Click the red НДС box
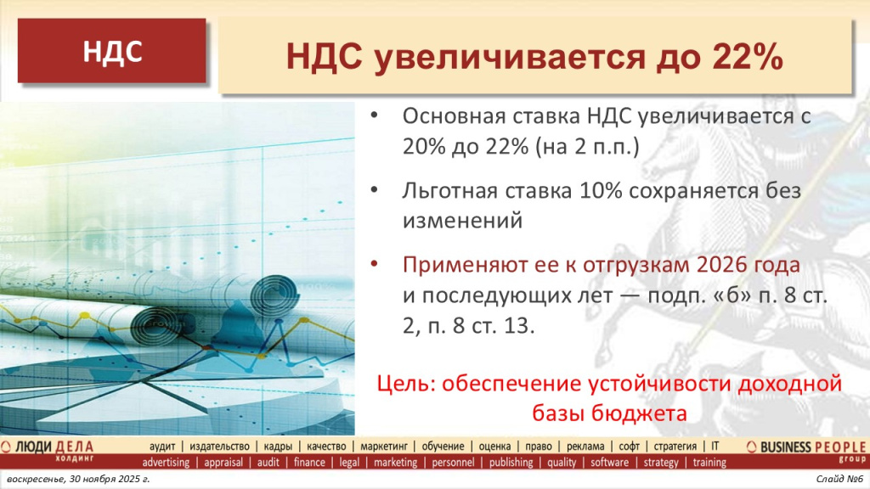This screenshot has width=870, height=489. [111, 52]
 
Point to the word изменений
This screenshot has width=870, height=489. [460, 221]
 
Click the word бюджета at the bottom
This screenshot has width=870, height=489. [637, 413]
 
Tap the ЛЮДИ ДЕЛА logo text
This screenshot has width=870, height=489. [64, 447]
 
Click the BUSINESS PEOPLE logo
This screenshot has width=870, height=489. [807, 447]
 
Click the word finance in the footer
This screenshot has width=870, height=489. [309, 463]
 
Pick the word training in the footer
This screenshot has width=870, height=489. [709, 463]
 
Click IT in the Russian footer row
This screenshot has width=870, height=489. [715, 446]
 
